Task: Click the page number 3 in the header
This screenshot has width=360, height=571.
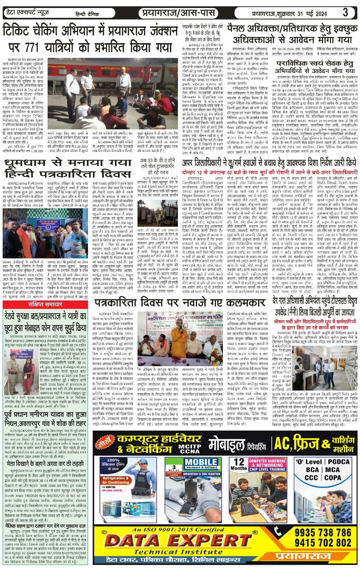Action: point(345,13)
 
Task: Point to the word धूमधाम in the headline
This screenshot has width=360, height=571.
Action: point(30,163)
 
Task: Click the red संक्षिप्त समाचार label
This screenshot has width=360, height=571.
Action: point(45,305)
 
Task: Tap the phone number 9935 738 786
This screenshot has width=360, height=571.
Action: point(323,532)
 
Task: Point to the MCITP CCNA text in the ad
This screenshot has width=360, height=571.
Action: point(190,448)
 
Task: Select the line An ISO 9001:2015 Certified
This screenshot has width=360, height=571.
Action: point(178,530)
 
